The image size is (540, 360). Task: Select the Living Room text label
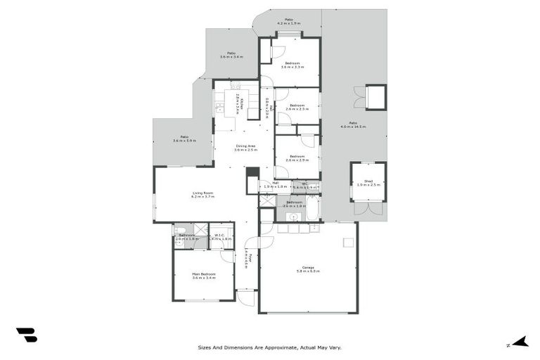tap(202, 192)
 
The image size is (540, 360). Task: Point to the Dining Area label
tap(245, 146)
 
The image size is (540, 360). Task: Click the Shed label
tap(368, 181)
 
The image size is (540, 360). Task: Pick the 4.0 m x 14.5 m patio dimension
tap(354, 127)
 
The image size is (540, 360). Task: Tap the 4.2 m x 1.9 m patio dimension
tap(288, 24)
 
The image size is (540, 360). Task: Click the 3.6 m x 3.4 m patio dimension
tap(231, 56)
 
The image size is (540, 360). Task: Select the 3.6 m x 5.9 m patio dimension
tap(184, 141)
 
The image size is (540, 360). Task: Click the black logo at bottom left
tap(26, 335)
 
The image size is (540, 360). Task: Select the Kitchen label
tap(238, 105)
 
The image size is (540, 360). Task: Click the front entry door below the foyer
tap(247, 297)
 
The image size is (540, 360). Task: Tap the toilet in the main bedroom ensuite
tap(180, 231)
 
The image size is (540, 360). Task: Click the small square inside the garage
tap(347, 242)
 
